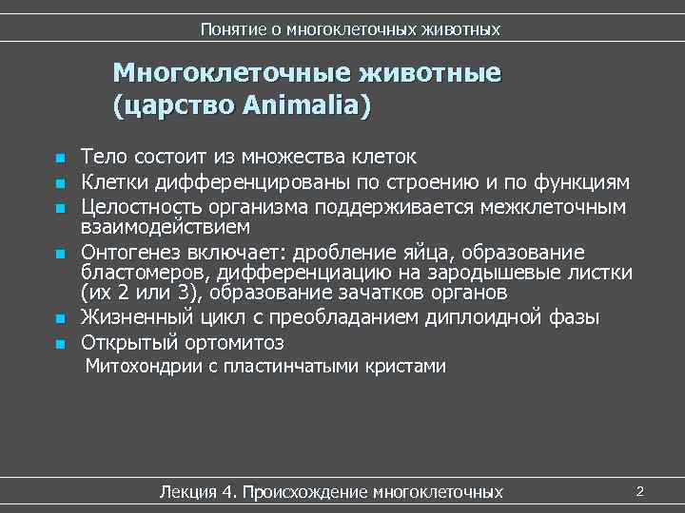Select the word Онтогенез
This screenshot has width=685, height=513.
(x=132, y=252)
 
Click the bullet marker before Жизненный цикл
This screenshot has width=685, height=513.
(x=58, y=318)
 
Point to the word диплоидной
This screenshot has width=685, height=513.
(x=466, y=317)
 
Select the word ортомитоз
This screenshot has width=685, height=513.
(x=234, y=342)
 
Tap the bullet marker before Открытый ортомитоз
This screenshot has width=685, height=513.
(x=58, y=343)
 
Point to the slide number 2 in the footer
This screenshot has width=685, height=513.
(x=640, y=491)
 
